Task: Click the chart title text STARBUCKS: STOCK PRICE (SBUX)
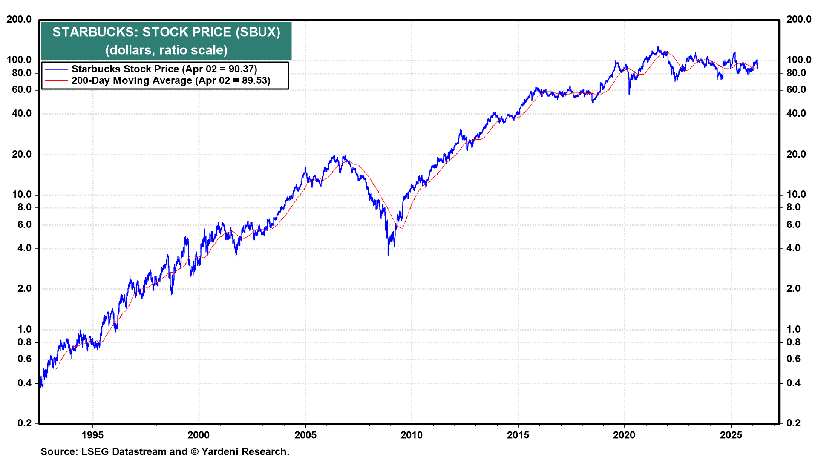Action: [x=166, y=32]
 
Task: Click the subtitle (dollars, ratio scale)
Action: [x=166, y=50]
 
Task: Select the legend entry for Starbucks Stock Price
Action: [x=164, y=69]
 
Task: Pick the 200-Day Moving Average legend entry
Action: [x=170, y=81]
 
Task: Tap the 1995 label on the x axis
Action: [x=92, y=435]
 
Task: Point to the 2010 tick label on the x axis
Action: [x=412, y=435]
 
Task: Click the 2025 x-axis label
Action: [x=731, y=435]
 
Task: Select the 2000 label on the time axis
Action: [x=199, y=435]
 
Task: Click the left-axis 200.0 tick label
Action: [x=19, y=19]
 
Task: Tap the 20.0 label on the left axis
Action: [x=22, y=154]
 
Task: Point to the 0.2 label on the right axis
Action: [x=793, y=423]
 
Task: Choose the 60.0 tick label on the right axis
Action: [x=796, y=89]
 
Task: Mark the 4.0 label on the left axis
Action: [x=24, y=248]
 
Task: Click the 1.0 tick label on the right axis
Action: [x=793, y=329]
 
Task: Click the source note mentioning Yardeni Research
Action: [x=165, y=451]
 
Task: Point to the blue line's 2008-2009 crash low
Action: [x=388, y=254]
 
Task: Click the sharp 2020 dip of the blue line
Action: [x=629, y=93]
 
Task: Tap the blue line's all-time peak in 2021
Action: [x=658, y=47]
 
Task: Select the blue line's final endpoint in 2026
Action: [x=757, y=67]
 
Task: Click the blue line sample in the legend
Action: [x=56, y=69]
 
